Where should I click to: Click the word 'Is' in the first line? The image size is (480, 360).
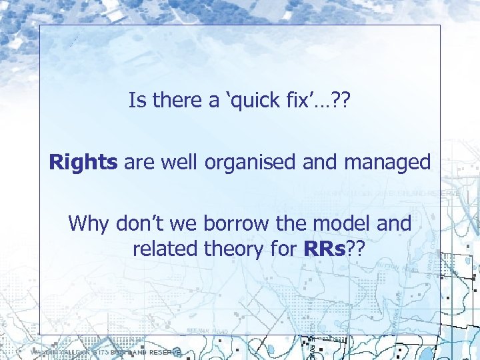[x=137, y=101]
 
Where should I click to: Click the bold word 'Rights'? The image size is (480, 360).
[x=83, y=163]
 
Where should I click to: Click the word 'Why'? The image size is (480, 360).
[x=89, y=224]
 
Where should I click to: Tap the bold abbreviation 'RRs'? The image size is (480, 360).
[x=323, y=249]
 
